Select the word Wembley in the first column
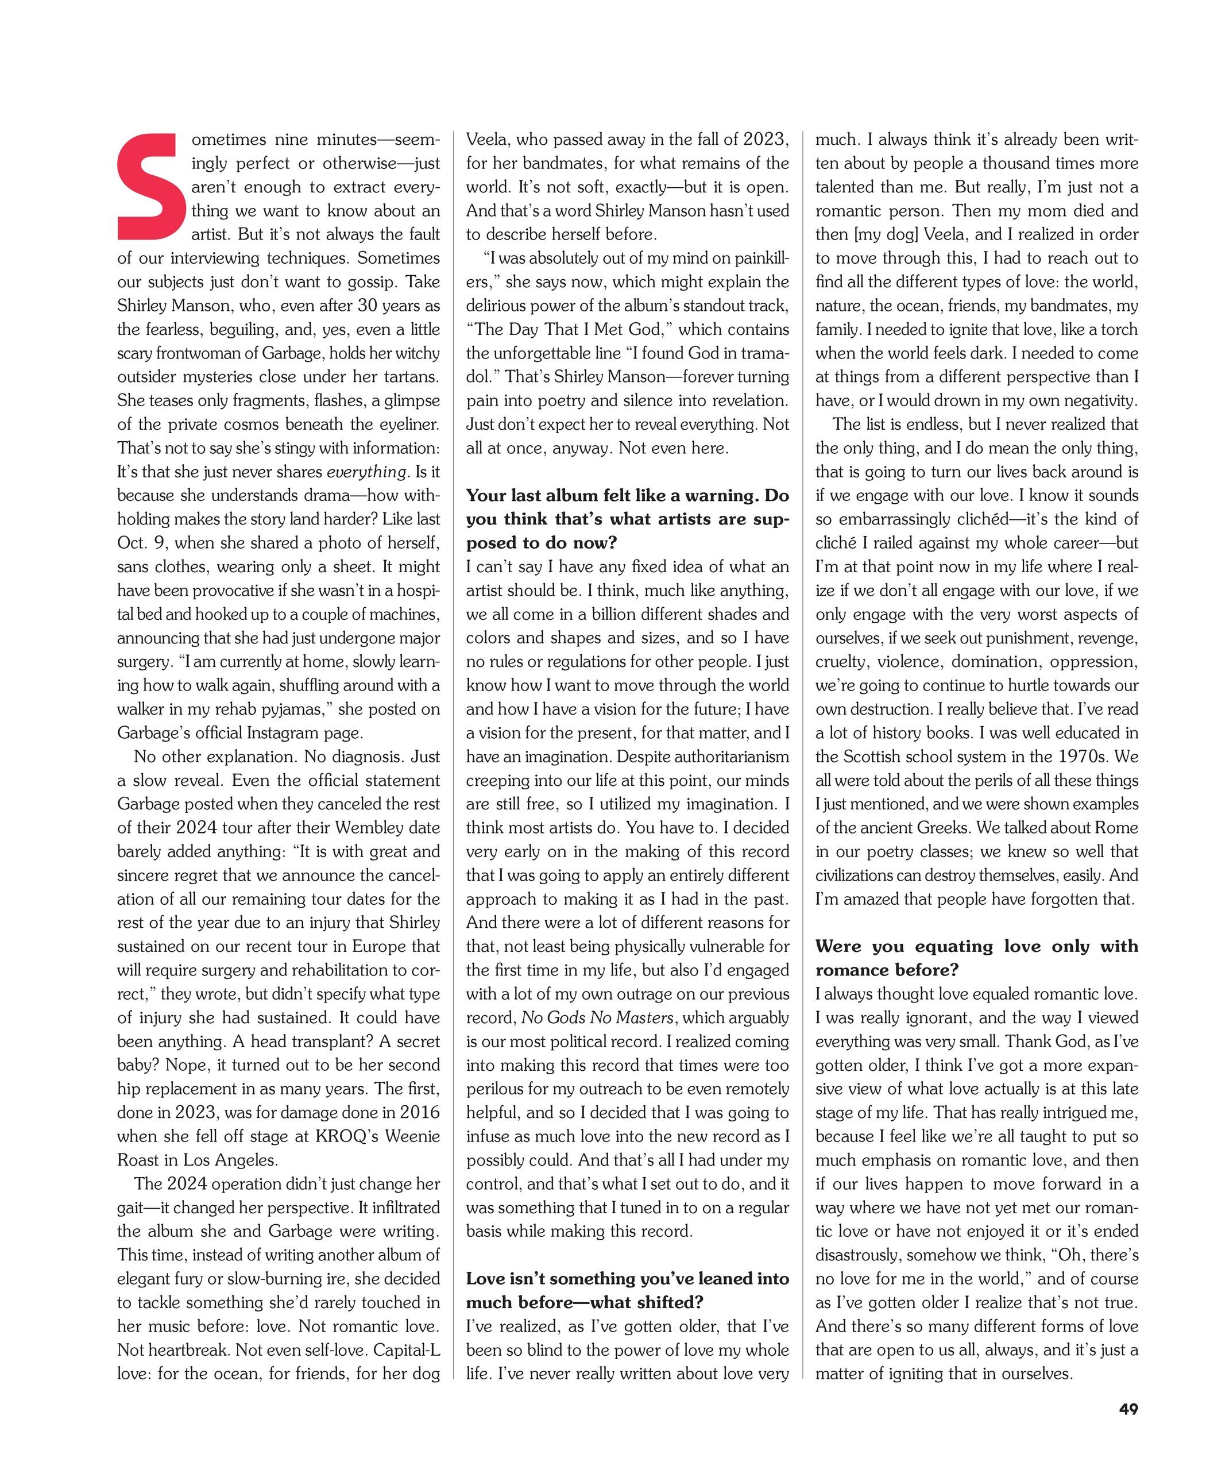(x=393, y=828)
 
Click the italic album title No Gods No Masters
(x=597, y=1018)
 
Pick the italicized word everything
(x=366, y=472)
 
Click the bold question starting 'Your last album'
(x=627, y=519)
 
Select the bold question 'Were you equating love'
(x=976, y=958)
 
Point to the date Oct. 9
(x=141, y=543)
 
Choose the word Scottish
(x=877, y=757)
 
